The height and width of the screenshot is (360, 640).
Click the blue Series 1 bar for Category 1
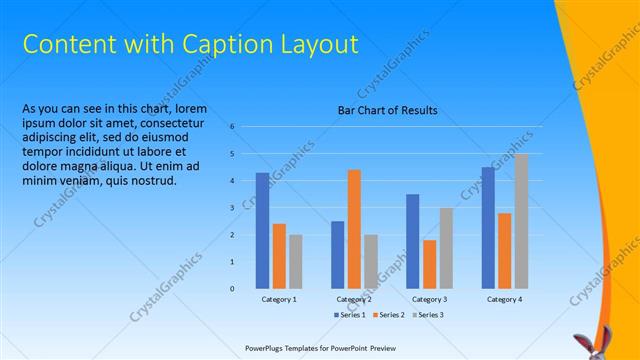262,231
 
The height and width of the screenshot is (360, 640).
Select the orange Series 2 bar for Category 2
354,229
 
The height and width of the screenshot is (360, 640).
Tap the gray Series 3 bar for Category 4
522,221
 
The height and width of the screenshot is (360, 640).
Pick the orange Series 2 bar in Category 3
430,264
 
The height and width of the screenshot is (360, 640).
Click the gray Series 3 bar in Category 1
295,262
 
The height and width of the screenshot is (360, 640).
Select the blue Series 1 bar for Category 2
338,255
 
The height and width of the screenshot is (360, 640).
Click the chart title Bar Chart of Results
387,110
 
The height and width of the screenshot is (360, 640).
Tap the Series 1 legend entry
349,315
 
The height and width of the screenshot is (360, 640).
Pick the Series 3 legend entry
428,315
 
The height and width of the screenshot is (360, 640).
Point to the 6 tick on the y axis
231,127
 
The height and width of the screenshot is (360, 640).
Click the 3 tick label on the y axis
231,208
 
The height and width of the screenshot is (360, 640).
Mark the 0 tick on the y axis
231,289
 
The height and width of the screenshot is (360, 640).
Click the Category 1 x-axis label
279,299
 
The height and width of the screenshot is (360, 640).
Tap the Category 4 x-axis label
505,299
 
